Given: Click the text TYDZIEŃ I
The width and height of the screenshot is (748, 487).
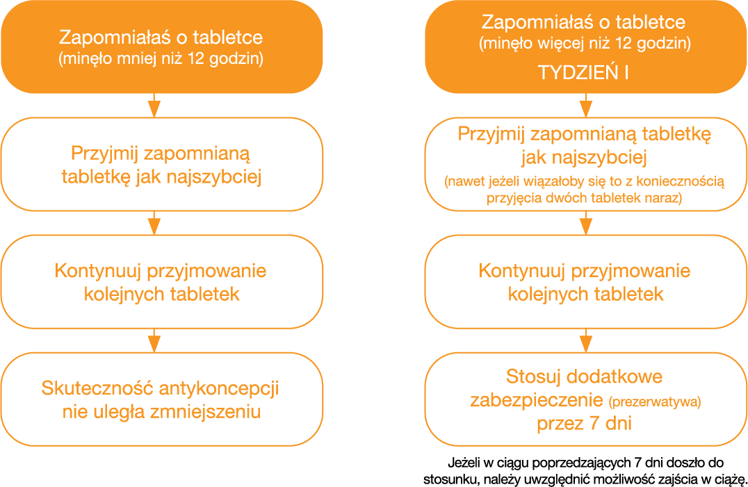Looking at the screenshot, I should (583, 73).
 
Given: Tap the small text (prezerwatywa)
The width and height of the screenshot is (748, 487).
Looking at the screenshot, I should (655, 402).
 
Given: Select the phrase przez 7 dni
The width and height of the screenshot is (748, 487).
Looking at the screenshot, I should (584, 424).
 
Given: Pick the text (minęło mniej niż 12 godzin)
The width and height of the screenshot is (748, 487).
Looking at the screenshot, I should (161, 59).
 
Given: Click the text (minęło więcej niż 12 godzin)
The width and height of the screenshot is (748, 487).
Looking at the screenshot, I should (584, 44).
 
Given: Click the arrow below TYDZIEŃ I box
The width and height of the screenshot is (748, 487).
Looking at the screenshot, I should (583, 106).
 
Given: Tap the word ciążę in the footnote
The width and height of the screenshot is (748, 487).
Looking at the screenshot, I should (729, 479).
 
